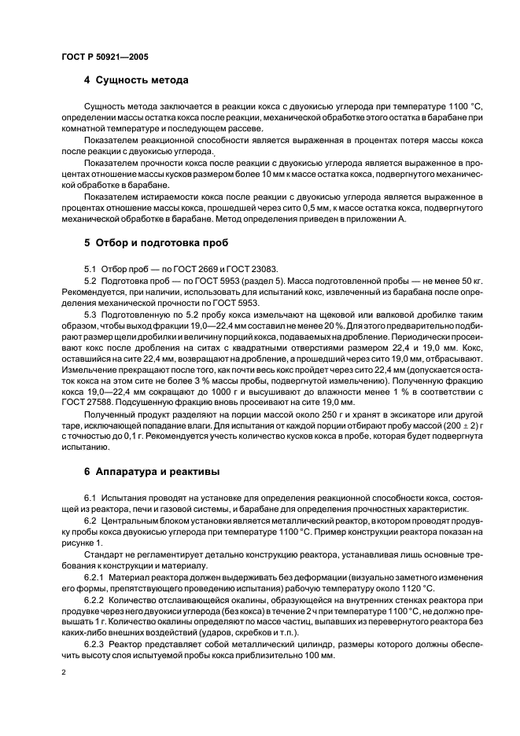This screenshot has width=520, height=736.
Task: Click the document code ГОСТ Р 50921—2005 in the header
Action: (104, 57)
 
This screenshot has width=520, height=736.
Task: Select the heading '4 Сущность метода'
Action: (135, 80)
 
